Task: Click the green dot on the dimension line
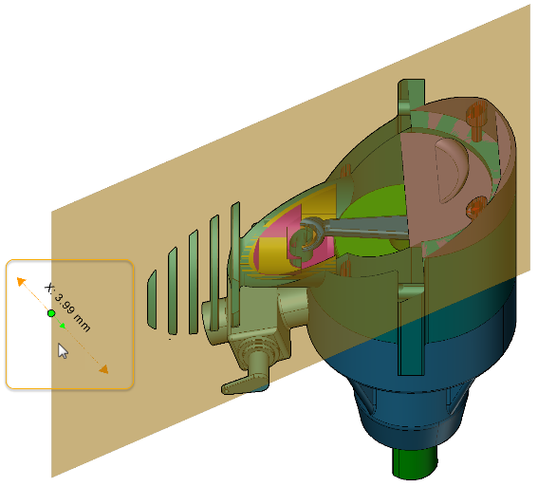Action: click(51, 312)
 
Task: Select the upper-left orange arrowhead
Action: click(21, 281)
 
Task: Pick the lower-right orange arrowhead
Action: click(102, 368)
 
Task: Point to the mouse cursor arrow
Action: click(63, 350)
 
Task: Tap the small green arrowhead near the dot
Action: click(62, 326)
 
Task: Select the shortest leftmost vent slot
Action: click(152, 298)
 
